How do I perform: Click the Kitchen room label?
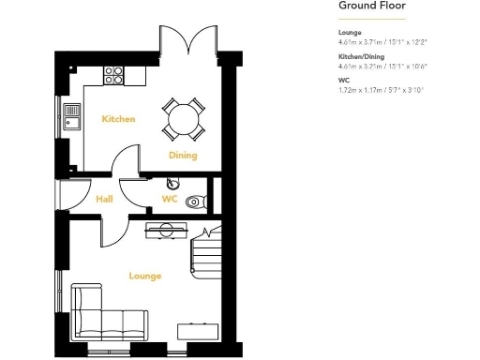pyautogui.click(x=119, y=119)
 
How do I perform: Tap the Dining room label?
pyautogui.click(x=182, y=155)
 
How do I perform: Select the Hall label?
pyautogui.click(x=105, y=199)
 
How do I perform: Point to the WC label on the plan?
pyautogui.click(x=170, y=199)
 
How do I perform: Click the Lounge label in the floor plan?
pyautogui.click(x=145, y=276)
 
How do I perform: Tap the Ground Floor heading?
pyautogui.click(x=370, y=7)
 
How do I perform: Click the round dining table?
pyautogui.click(x=183, y=117)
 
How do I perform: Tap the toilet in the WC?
pyautogui.click(x=194, y=201)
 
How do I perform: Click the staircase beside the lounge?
pyautogui.click(x=205, y=252)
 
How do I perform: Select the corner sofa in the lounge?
pyautogui.click(x=103, y=313)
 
